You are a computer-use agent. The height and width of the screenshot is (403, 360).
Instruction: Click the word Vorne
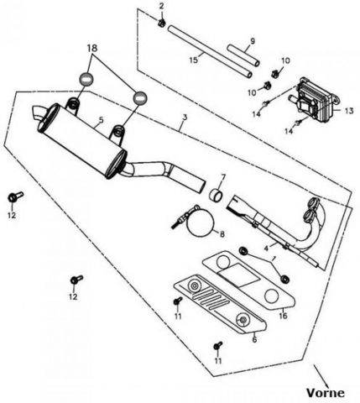325,393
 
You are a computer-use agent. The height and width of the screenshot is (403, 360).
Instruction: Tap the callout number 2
162,6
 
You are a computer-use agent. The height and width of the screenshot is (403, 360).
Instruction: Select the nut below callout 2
162,23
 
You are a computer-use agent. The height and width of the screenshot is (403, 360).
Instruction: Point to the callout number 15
194,60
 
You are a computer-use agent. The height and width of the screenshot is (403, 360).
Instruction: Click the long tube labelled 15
210,51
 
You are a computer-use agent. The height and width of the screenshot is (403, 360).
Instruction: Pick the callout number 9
253,41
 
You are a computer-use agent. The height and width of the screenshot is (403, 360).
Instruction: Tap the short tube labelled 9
243,55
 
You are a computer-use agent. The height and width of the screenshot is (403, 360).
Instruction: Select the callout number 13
349,111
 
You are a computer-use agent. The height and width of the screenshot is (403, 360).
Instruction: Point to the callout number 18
92,48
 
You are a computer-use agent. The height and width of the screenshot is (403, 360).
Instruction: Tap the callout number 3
185,117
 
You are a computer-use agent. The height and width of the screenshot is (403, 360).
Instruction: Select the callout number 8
222,234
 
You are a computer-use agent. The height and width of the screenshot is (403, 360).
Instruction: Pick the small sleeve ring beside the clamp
217,195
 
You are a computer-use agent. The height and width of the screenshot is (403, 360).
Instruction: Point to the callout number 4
266,248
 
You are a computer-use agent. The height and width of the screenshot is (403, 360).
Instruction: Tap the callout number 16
283,316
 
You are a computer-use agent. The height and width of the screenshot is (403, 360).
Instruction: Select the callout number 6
254,339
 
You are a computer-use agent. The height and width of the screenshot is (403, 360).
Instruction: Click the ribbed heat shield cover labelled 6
220,304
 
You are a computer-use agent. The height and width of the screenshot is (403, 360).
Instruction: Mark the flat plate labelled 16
249,280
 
